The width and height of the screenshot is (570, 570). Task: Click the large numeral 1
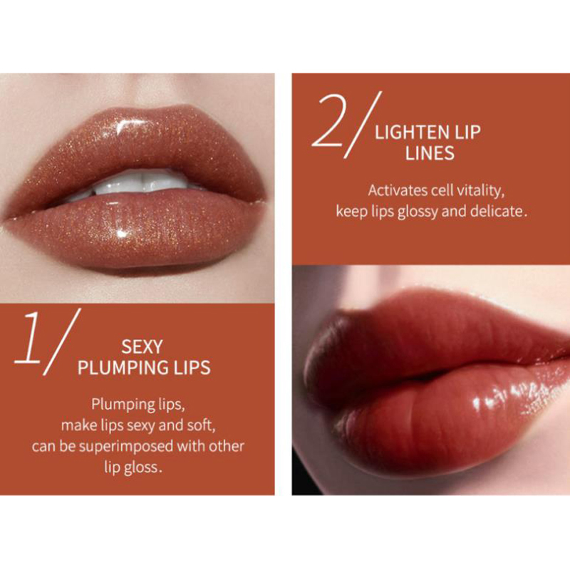(x=28, y=337)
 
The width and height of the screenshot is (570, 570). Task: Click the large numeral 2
(x=329, y=120)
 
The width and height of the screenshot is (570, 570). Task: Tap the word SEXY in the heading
(x=142, y=347)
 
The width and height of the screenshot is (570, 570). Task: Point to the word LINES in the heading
(x=430, y=153)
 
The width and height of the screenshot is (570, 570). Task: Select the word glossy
(x=418, y=212)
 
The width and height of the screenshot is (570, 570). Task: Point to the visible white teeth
(x=138, y=183)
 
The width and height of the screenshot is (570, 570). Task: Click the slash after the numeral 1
(x=62, y=342)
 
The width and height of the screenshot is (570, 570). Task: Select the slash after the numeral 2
(x=363, y=125)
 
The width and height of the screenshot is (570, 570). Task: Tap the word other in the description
(x=226, y=446)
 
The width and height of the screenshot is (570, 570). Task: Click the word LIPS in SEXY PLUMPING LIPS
(x=192, y=368)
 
